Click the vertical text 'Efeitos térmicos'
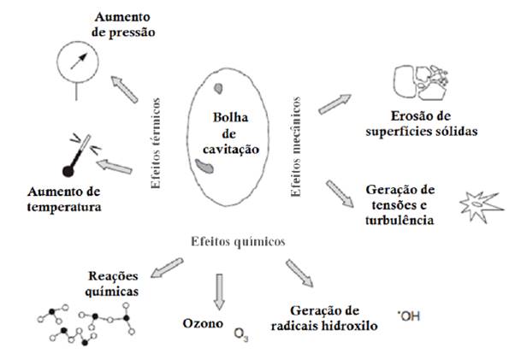[157, 136]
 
